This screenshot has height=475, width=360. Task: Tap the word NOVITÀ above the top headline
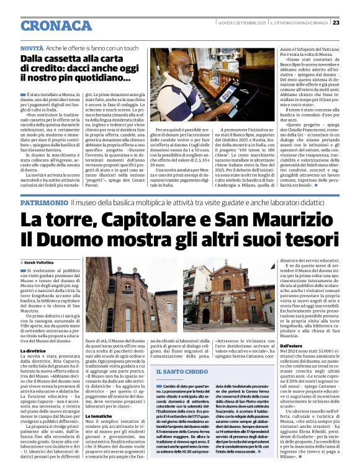coord(32,48)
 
